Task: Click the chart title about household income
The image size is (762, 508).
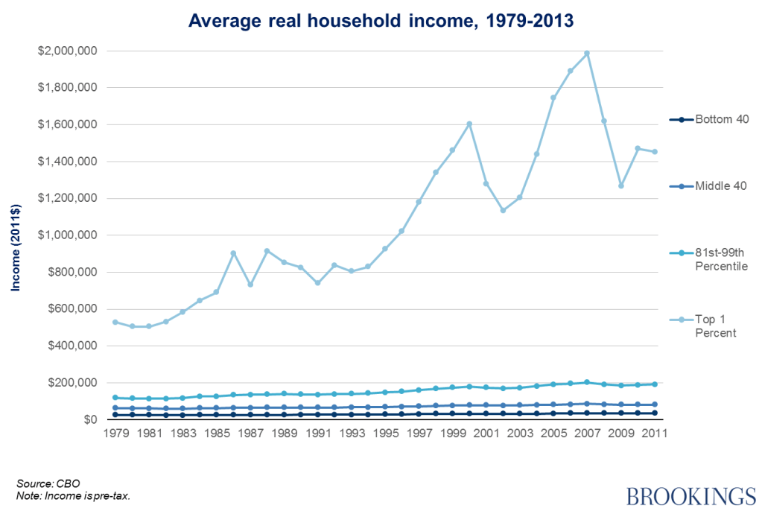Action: tap(381, 20)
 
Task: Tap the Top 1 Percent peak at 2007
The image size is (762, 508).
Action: tap(587, 53)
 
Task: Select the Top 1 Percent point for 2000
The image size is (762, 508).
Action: tap(469, 124)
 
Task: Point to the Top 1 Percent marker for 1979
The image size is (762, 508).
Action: tap(115, 322)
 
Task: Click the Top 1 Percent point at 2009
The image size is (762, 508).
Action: tap(620, 185)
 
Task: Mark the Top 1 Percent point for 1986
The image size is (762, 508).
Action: tap(233, 253)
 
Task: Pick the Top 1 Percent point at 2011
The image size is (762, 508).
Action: tap(655, 152)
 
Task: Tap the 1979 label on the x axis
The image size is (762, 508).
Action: tap(115, 434)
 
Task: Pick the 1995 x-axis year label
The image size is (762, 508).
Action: tap(385, 434)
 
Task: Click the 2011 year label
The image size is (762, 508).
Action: tap(655, 434)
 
